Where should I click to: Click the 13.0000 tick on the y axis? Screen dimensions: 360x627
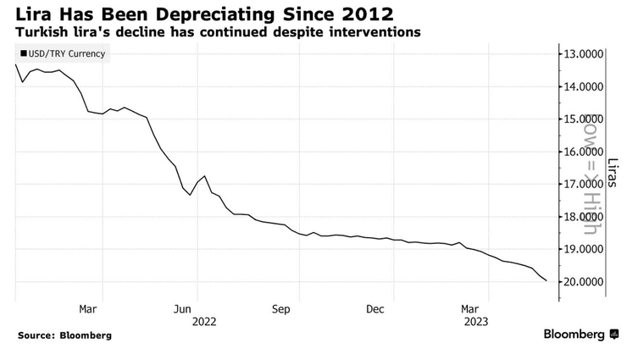(x=584, y=54)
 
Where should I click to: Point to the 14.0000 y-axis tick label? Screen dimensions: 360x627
(x=584, y=86)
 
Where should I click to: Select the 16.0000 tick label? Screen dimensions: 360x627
(x=584, y=152)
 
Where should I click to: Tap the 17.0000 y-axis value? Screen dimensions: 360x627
(x=584, y=184)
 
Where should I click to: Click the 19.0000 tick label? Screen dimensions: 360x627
(x=584, y=249)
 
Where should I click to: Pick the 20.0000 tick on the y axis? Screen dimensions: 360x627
(x=584, y=281)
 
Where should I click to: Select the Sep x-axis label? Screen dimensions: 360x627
(x=282, y=309)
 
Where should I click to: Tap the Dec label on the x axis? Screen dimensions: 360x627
(x=375, y=309)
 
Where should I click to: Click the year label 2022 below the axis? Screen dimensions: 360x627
(x=204, y=322)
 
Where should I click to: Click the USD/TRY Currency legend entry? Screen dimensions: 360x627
(x=59, y=54)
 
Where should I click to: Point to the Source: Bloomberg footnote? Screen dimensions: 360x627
(x=64, y=335)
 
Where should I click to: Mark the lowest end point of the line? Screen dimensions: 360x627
(x=547, y=280)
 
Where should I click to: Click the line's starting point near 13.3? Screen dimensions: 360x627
(x=16, y=64)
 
